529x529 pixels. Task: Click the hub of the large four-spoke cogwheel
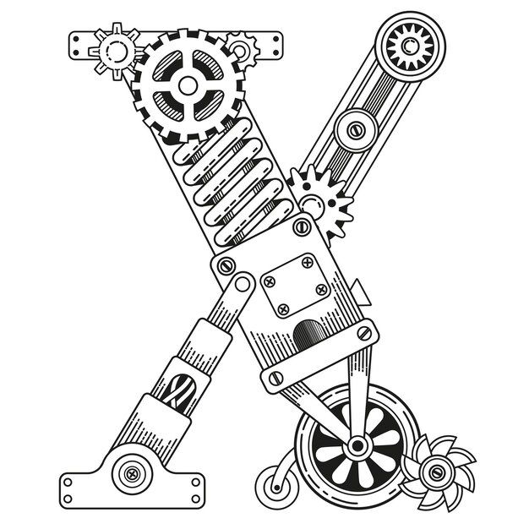[x=188, y=85]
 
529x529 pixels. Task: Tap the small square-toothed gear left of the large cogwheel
[x=116, y=52]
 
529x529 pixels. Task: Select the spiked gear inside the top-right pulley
[x=410, y=45]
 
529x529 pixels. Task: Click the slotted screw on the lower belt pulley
[x=356, y=130]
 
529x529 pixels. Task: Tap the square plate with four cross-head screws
[x=296, y=286]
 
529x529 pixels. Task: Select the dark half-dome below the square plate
[x=309, y=335]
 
